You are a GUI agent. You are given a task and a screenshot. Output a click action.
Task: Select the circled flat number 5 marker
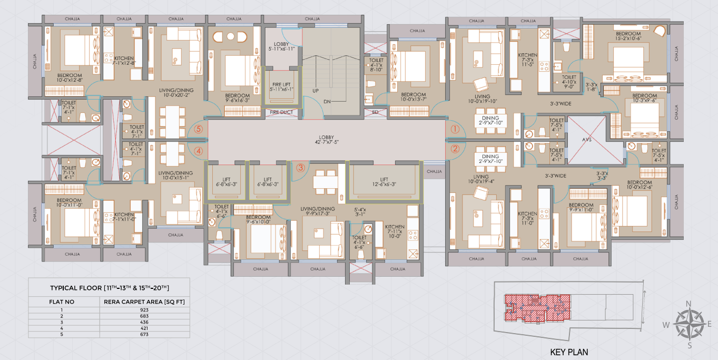199,128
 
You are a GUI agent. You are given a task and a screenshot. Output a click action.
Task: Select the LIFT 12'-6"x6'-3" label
384,182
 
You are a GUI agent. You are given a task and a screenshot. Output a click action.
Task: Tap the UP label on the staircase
316,91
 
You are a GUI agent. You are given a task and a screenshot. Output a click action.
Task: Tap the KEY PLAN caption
569,352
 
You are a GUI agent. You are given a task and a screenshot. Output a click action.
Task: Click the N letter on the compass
688,304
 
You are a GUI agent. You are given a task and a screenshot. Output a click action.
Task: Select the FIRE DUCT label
281,112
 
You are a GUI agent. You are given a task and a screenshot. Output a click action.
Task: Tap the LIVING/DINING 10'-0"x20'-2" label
176,93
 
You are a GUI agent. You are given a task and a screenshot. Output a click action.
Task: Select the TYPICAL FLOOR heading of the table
110,288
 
